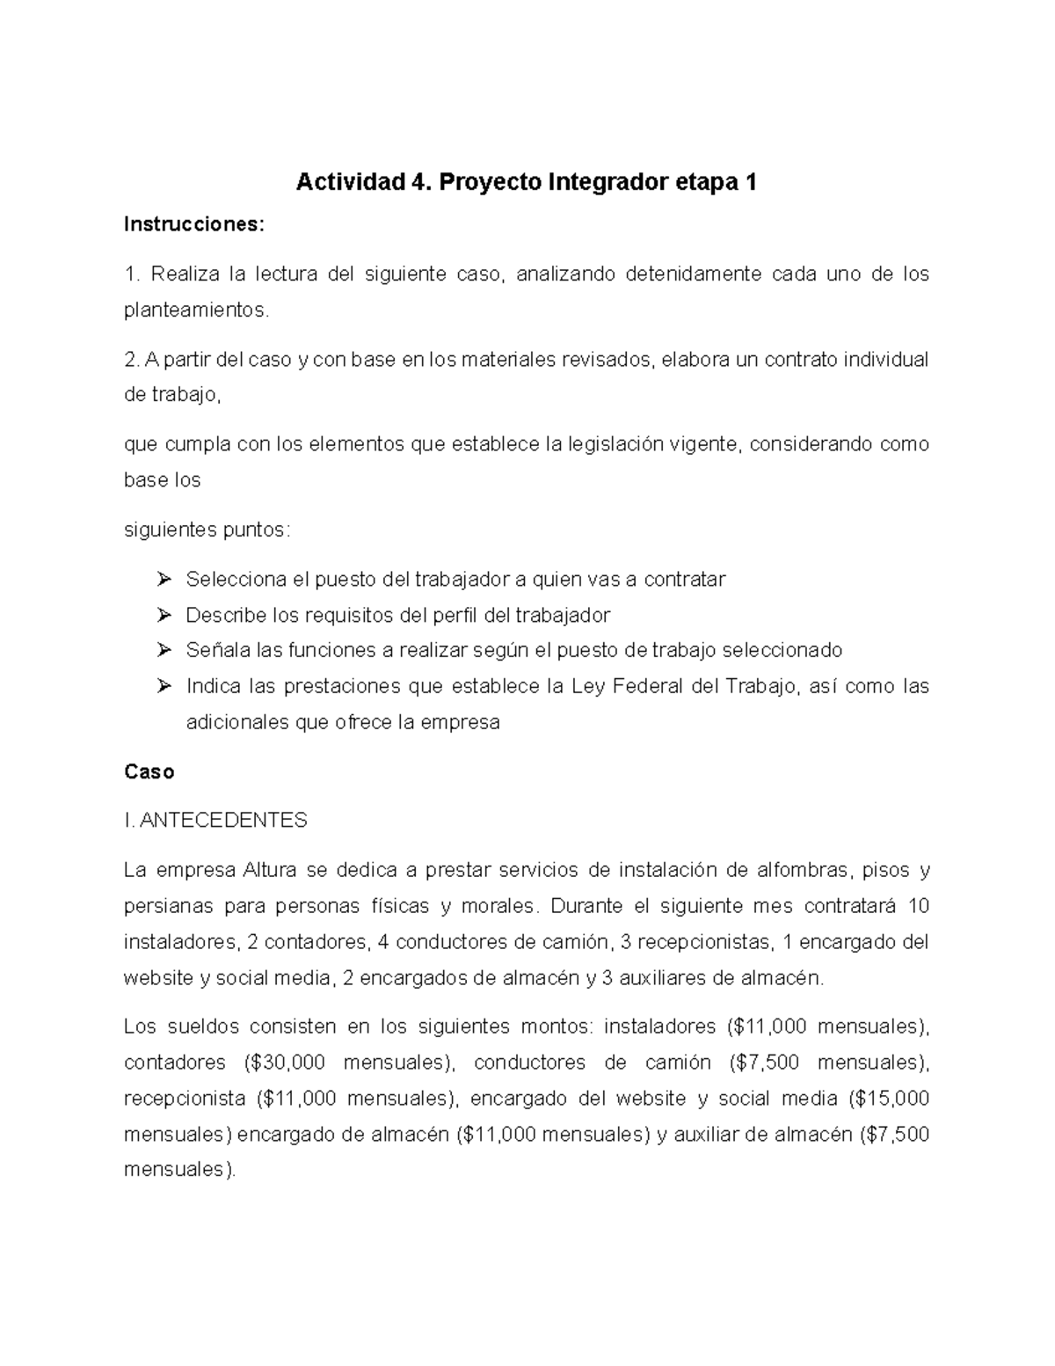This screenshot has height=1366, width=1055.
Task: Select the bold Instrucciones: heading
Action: [x=193, y=225]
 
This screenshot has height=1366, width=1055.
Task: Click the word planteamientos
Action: [x=193, y=310]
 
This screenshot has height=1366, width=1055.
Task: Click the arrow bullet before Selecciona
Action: [x=164, y=580]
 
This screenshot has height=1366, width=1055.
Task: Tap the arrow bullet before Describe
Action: [x=164, y=615]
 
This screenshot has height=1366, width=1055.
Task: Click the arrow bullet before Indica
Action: [x=164, y=686]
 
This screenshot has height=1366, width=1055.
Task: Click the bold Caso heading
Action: [x=149, y=772]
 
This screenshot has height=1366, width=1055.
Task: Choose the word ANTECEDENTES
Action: [x=223, y=821]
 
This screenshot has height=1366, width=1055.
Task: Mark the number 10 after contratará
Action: [x=918, y=906]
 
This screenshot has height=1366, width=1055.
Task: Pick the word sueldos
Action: [x=202, y=1026]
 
